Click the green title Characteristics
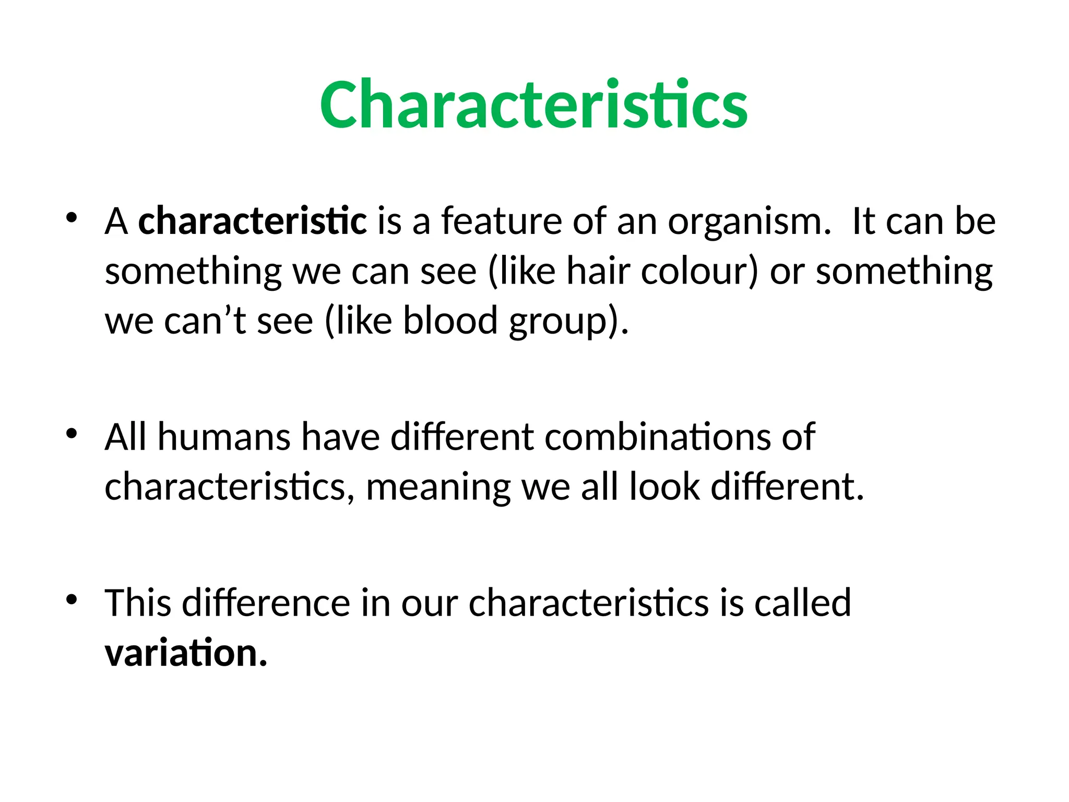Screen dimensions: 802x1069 coord(533,104)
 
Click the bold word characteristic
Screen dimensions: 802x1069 coord(252,221)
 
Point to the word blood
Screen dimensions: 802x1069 coord(450,321)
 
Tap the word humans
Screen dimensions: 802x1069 coord(224,437)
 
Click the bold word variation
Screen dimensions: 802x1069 coord(185,653)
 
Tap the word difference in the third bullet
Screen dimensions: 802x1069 coord(266,603)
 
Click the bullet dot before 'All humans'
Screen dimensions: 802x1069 coord(72,433)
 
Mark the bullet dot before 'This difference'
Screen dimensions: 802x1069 coord(72,599)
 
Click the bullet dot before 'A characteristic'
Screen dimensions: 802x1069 coord(72,218)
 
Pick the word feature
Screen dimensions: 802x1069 coord(502,221)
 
